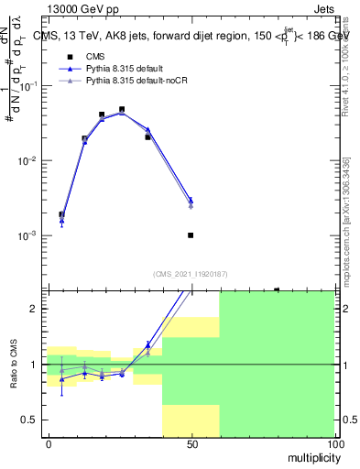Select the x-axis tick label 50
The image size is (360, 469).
click(191, 442)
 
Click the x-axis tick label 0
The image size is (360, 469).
click(49, 442)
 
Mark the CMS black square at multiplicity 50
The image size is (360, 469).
click(191, 235)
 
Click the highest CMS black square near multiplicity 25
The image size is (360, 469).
click(122, 109)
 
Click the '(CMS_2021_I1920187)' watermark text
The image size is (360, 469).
click(191, 273)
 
